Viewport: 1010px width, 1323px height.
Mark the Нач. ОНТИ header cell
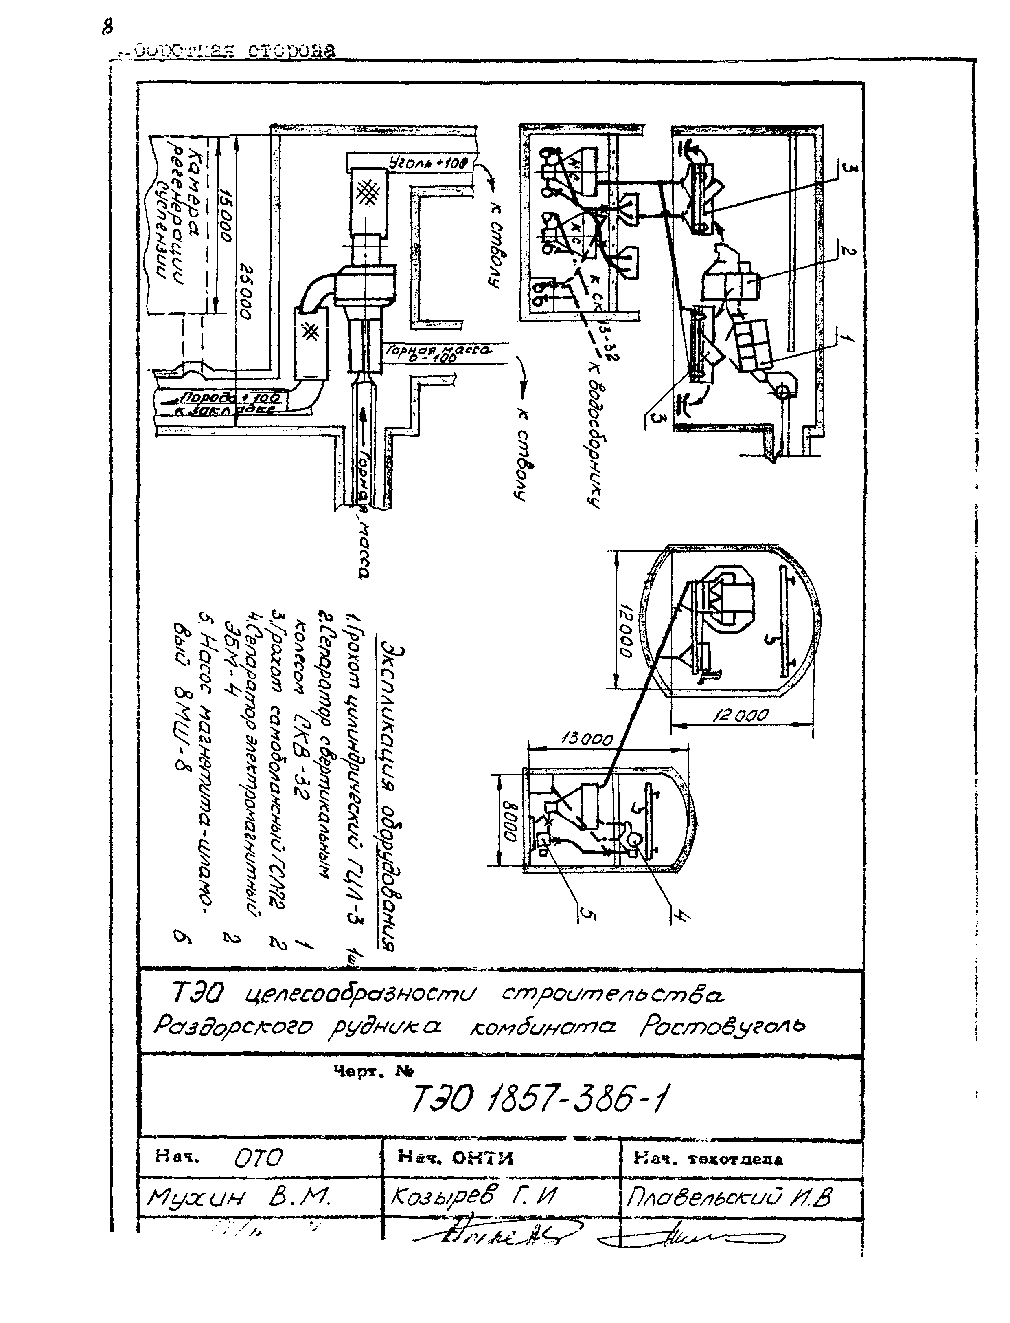point(455,1158)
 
